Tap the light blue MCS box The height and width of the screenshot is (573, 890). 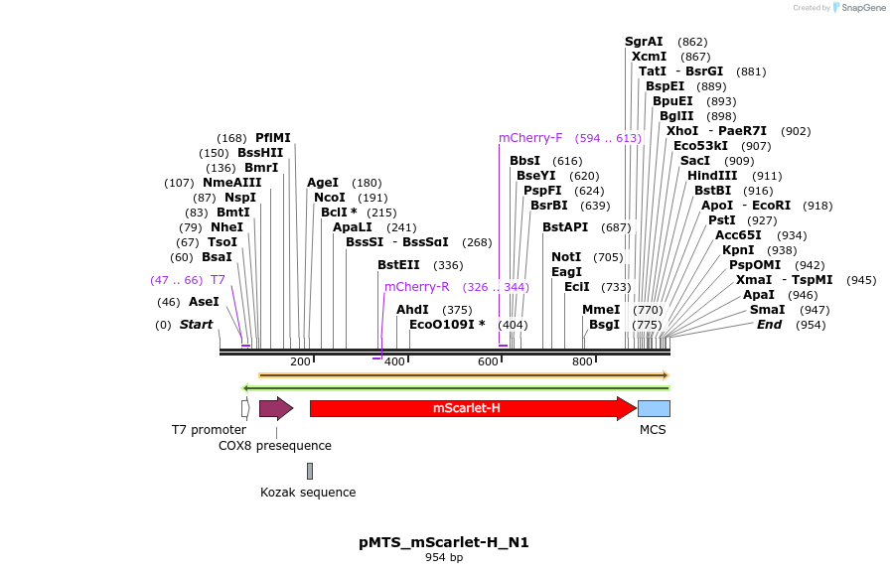click(x=653, y=408)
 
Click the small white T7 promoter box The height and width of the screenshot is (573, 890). click(x=245, y=408)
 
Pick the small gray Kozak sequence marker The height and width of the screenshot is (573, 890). click(x=310, y=471)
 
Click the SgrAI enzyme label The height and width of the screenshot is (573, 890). click(x=644, y=42)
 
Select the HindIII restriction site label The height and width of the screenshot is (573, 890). click(x=712, y=176)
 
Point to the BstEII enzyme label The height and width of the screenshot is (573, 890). click(x=398, y=265)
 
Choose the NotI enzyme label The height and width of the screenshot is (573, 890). click(x=566, y=257)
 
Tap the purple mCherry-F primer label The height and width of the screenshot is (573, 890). click(x=530, y=138)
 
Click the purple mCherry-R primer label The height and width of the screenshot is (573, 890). click(x=417, y=287)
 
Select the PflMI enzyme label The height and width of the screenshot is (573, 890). click(x=273, y=138)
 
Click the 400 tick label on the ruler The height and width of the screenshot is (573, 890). click(x=395, y=361)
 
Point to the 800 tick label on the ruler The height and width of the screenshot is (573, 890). click(x=583, y=361)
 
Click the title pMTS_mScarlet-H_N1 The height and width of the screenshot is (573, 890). click(x=444, y=543)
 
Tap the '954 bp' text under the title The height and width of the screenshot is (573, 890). click(x=444, y=558)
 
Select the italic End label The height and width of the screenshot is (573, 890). click(x=769, y=325)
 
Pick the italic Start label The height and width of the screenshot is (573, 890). click(x=196, y=325)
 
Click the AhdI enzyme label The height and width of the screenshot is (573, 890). click(x=412, y=310)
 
